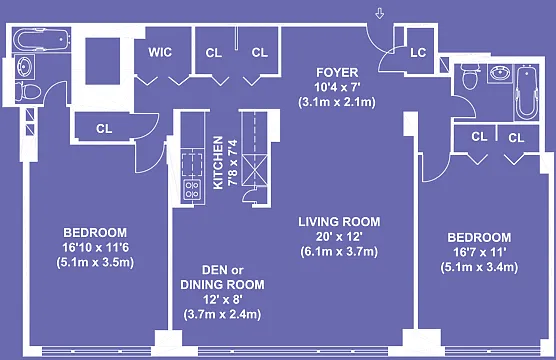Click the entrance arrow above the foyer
tap(380, 14)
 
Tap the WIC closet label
tap(160, 52)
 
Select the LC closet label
tap(418, 53)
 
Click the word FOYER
tap(337, 72)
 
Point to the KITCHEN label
tap(218, 163)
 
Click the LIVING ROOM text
tap(339, 222)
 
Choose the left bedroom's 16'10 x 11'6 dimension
tap(95, 247)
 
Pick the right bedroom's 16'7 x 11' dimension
tap(479, 252)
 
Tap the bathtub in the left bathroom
tap(42, 40)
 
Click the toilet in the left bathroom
tap(28, 92)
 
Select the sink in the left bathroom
tap(25, 66)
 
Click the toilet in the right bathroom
tap(470, 77)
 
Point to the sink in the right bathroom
tap(500, 73)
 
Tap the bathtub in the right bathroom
tap(526, 92)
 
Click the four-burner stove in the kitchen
tap(193, 190)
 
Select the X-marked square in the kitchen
tap(255, 170)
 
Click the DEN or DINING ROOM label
tap(222, 277)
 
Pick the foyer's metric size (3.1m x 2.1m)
tap(337, 102)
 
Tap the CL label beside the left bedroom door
tap(104, 128)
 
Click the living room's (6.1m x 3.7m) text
tap(339, 251)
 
